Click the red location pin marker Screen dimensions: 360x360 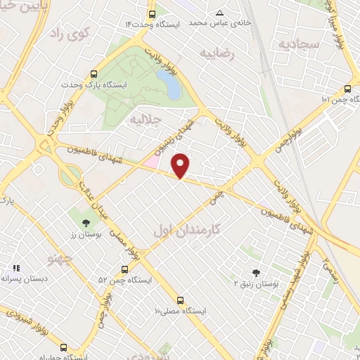tap(181, 165)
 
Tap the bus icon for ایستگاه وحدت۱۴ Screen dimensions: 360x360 tap(153, 14)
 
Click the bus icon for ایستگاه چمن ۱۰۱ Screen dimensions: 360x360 tap(347, 89)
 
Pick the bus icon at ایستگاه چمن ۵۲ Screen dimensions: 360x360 tap(124, 269)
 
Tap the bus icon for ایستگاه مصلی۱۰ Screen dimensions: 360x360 tap(180, 299)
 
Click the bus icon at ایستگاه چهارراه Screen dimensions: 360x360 tap(64, 347)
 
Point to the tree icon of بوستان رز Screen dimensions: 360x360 tap(86, 223)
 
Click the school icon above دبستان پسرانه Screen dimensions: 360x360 tap(16, 267)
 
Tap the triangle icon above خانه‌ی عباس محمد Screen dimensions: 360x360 tap(219, 13)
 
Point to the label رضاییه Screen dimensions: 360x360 tap(217, 53)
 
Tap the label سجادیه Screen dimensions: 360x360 tap(298, 44)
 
